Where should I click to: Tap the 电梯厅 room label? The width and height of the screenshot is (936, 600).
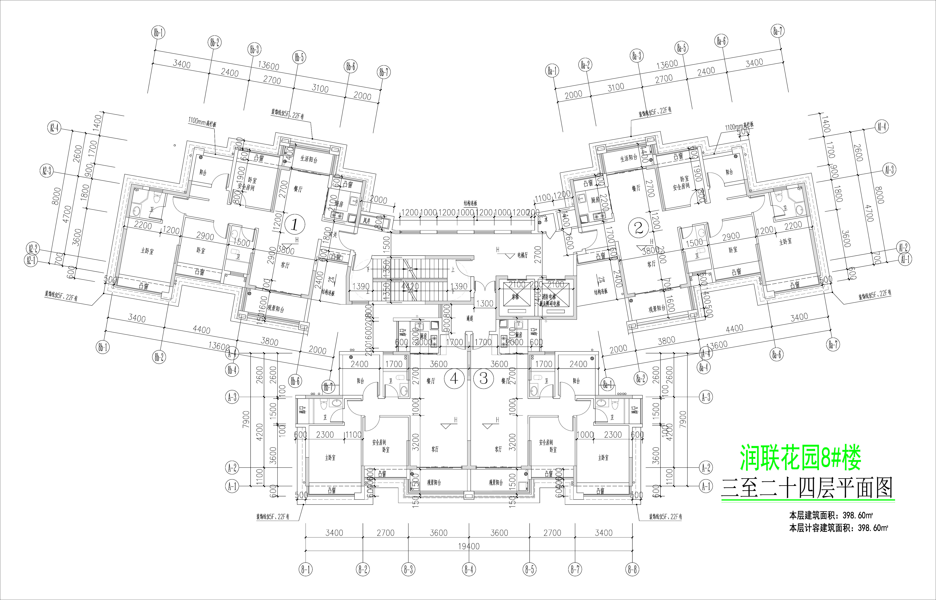pos(523,256)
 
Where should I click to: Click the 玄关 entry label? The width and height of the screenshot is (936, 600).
pos(333,235)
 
